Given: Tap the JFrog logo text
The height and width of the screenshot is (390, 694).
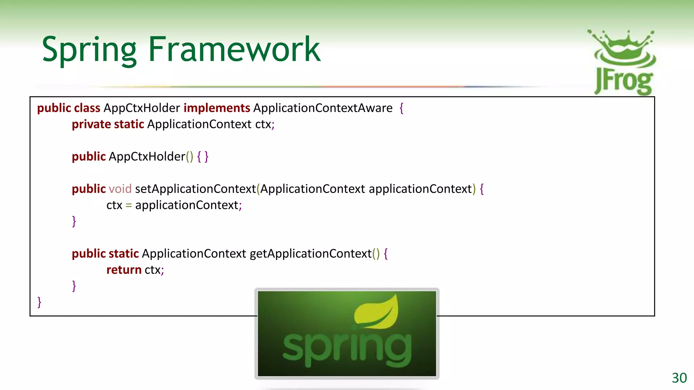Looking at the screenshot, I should click(624, 81).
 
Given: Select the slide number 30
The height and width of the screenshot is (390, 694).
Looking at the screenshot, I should click(679, 378).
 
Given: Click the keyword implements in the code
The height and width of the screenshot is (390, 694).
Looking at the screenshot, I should click(217, 108).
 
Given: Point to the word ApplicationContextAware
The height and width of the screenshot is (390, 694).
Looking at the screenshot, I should click(323, 108).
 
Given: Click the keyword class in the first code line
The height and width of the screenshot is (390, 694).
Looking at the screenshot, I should click(87, 108).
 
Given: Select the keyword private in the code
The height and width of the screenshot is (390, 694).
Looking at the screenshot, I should click(91, 124).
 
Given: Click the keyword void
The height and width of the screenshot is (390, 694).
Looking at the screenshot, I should click(120, 189).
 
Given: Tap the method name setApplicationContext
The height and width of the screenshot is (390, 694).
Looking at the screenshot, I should click(195, 189).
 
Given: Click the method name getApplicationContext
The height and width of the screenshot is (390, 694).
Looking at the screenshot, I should click(311, 254).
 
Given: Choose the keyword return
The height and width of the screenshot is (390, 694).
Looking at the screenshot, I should click(124, 270).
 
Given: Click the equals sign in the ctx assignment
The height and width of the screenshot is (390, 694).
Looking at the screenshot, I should click(129, 205).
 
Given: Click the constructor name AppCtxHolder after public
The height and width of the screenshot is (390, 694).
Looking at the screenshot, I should click(147, 157).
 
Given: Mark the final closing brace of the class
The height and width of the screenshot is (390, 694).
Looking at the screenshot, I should click(39, 302).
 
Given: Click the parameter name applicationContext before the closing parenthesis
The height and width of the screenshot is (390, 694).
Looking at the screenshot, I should click(420, 189).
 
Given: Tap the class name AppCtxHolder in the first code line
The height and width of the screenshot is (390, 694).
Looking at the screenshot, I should click(142, 108).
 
